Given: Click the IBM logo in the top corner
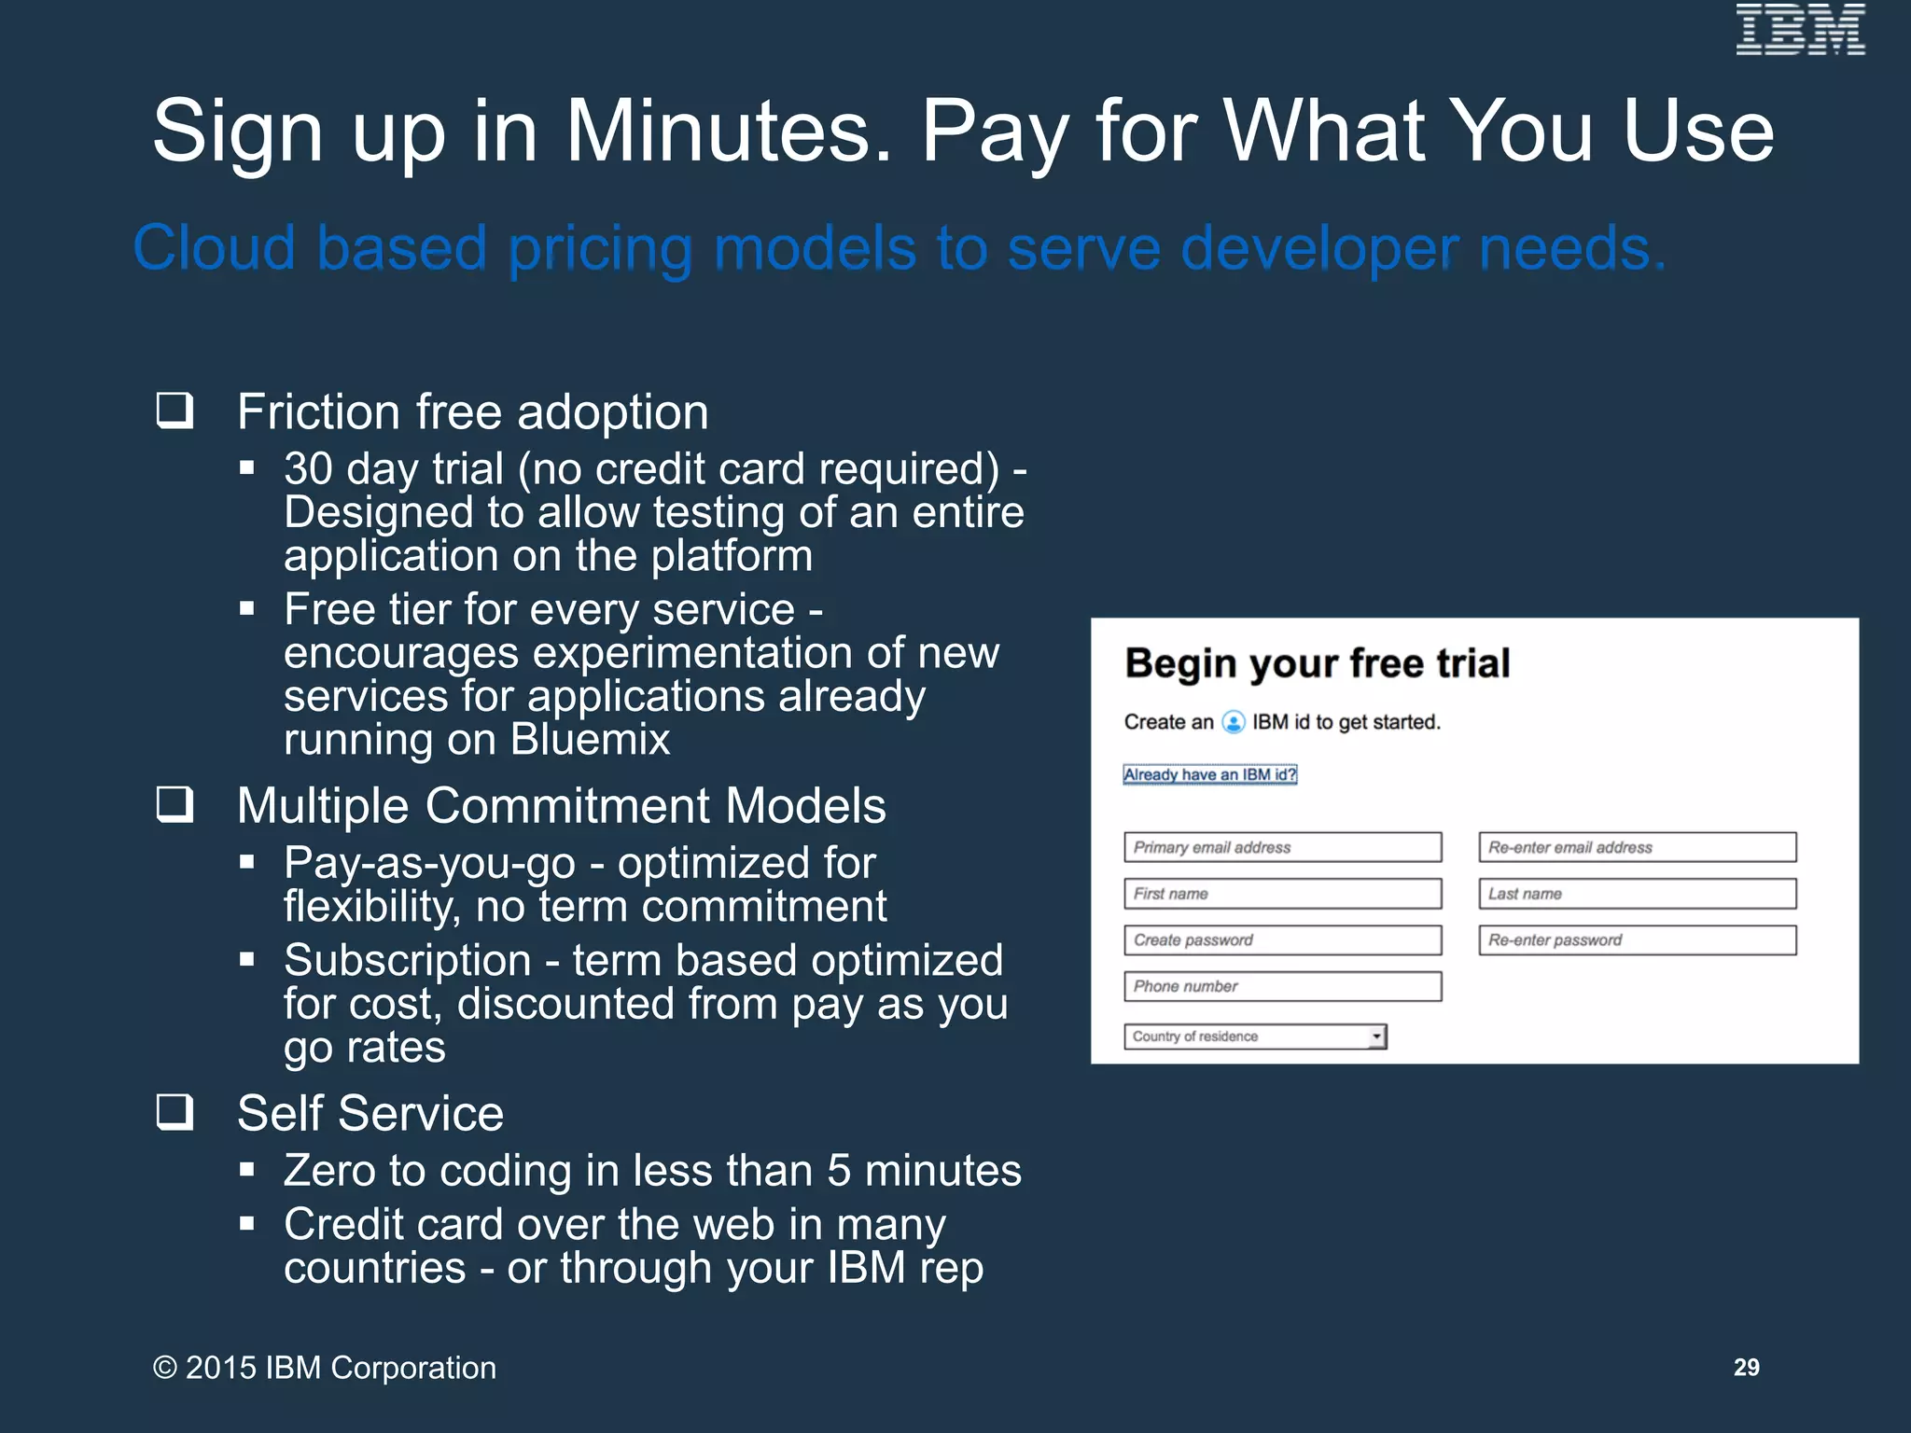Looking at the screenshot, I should [1800, 30].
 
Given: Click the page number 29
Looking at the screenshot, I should [1746, 1367].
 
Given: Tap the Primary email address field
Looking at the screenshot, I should [1282, 847].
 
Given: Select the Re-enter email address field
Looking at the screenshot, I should [1637, 847].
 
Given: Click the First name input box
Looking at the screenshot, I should [1282, 894].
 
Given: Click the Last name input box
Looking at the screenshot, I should [1637, 894].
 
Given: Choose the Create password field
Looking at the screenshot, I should [1282, 940].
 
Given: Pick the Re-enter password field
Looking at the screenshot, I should [1637, 940].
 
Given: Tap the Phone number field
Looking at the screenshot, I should [1282, 986].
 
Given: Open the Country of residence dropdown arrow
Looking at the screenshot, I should [1376, 1036].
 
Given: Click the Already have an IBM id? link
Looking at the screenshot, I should [1209, 774].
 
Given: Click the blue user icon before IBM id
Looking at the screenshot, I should [1234, 722].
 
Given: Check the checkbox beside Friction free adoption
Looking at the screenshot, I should [174, 410].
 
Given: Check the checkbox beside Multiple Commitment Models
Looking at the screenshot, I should [174, 804].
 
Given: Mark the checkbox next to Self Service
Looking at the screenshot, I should [174, 1112].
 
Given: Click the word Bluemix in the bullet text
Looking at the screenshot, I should [590, 740].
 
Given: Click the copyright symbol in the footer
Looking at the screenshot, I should [165, 1368].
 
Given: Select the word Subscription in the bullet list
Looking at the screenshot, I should [407, 960].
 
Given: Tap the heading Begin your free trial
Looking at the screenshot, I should [1317, 663].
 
